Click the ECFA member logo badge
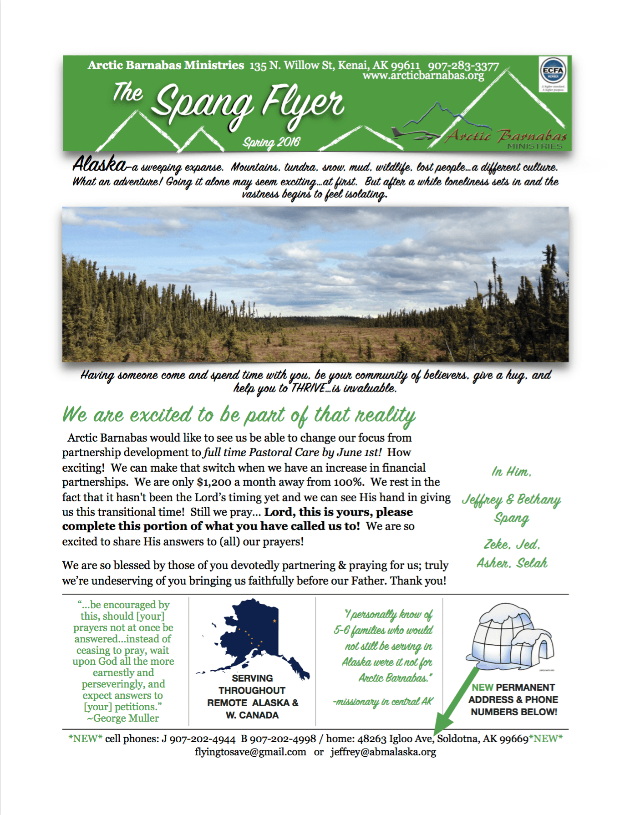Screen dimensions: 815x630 (553, 72)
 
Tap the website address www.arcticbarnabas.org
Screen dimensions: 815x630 (423, 76)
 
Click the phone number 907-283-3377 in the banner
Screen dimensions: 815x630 (463, 66)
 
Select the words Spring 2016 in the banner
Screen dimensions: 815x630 (271, 143)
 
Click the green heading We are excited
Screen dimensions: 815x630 (239, 415)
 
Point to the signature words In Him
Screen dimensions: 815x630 (511, 472)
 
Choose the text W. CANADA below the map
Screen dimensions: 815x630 (252, 715)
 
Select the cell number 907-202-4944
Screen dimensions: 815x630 (203, 739)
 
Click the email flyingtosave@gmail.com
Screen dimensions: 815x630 (250, 752)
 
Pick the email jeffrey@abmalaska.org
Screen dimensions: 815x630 (383, 752)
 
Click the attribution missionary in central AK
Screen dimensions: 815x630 (383, 702)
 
